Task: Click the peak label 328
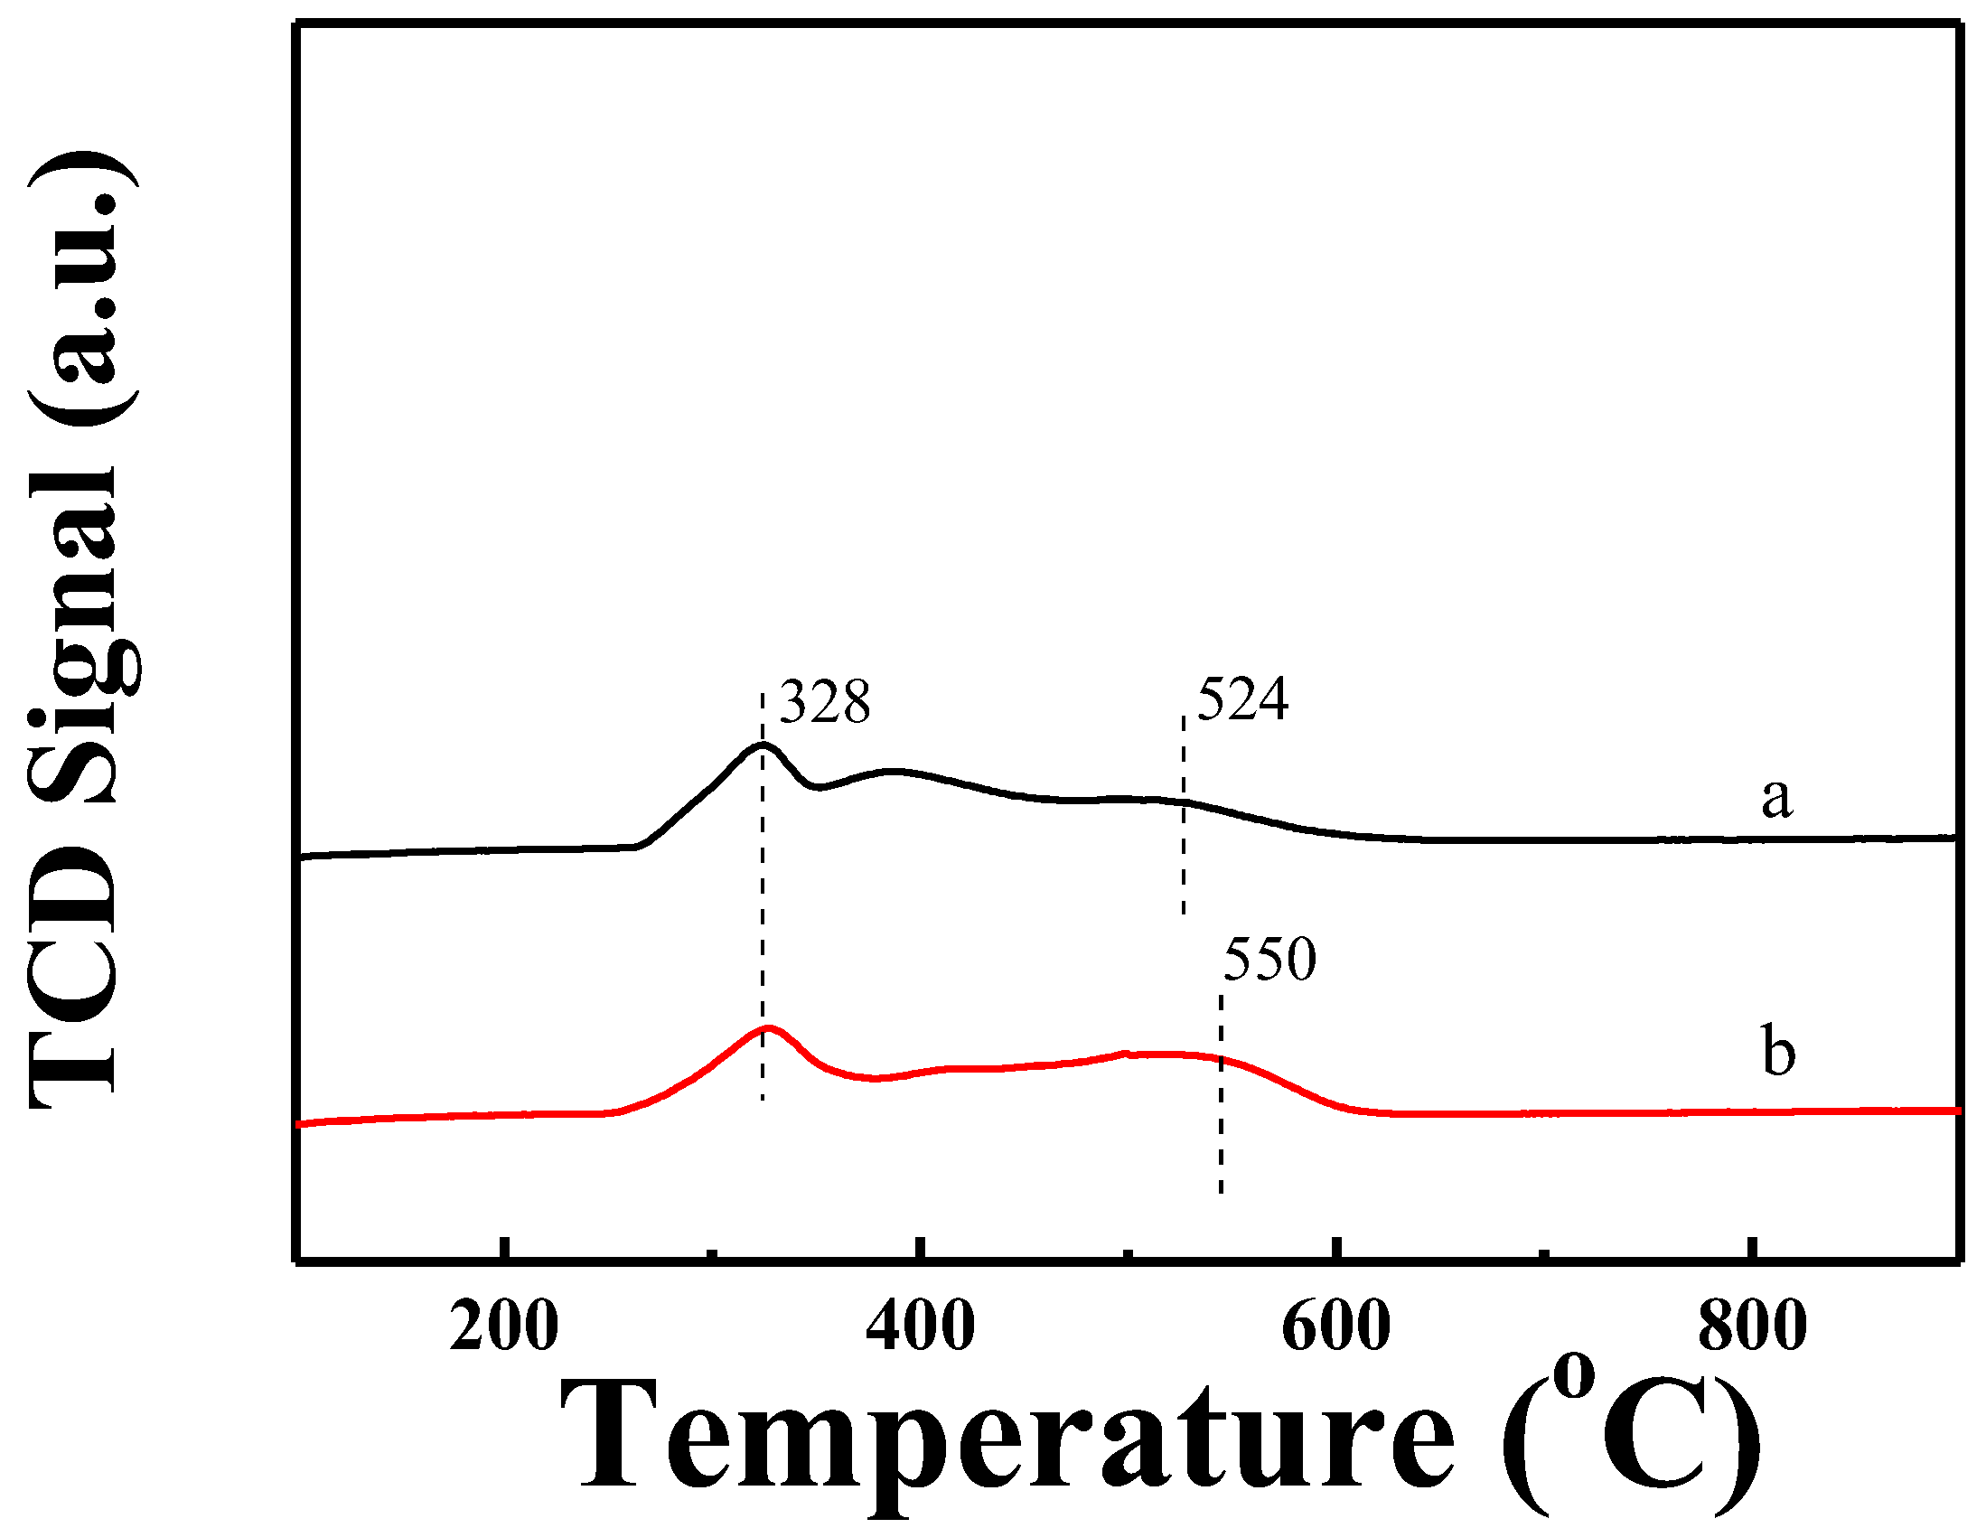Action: tap(825, 702)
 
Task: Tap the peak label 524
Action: tap(1242, 699)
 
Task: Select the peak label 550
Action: tap(1269, 959)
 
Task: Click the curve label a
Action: tap(1777, 798)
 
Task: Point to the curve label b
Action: tap(1779, 1052)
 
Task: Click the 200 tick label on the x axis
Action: tap(504, 1327)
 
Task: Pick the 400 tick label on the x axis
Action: tap(920, 1327)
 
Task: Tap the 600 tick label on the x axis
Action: tap(1335, 1327)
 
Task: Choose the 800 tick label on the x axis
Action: tap(1752, 1327)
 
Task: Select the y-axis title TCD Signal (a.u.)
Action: tap(82, 628)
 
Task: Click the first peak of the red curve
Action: tap(769, 1028)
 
